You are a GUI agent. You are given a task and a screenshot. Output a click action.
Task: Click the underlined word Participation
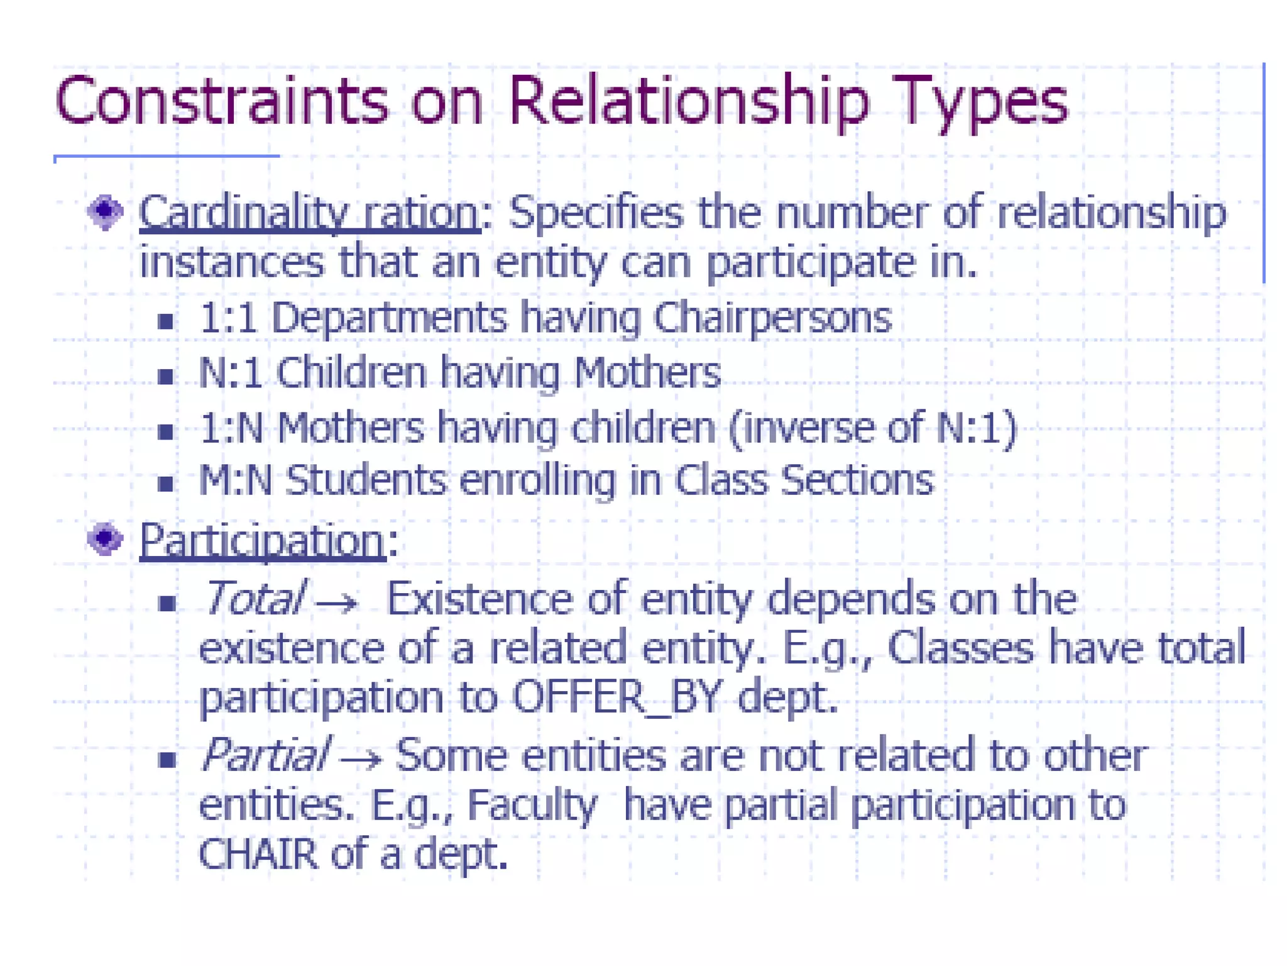click(262, 540)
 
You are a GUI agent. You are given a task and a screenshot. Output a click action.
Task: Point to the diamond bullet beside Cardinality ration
click(105, 212)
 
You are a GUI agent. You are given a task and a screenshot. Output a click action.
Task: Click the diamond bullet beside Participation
click(105, 539)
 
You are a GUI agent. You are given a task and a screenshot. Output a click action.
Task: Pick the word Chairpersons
click(772, 318)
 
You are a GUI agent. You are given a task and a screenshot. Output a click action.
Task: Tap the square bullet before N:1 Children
click(166, 376)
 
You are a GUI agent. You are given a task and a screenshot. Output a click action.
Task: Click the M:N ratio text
click(236, 481)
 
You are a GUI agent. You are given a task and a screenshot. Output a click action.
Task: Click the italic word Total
click(254, 597)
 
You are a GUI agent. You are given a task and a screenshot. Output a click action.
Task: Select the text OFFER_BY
click(616, 697)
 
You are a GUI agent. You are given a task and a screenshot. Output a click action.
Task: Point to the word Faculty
click(532, 805)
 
